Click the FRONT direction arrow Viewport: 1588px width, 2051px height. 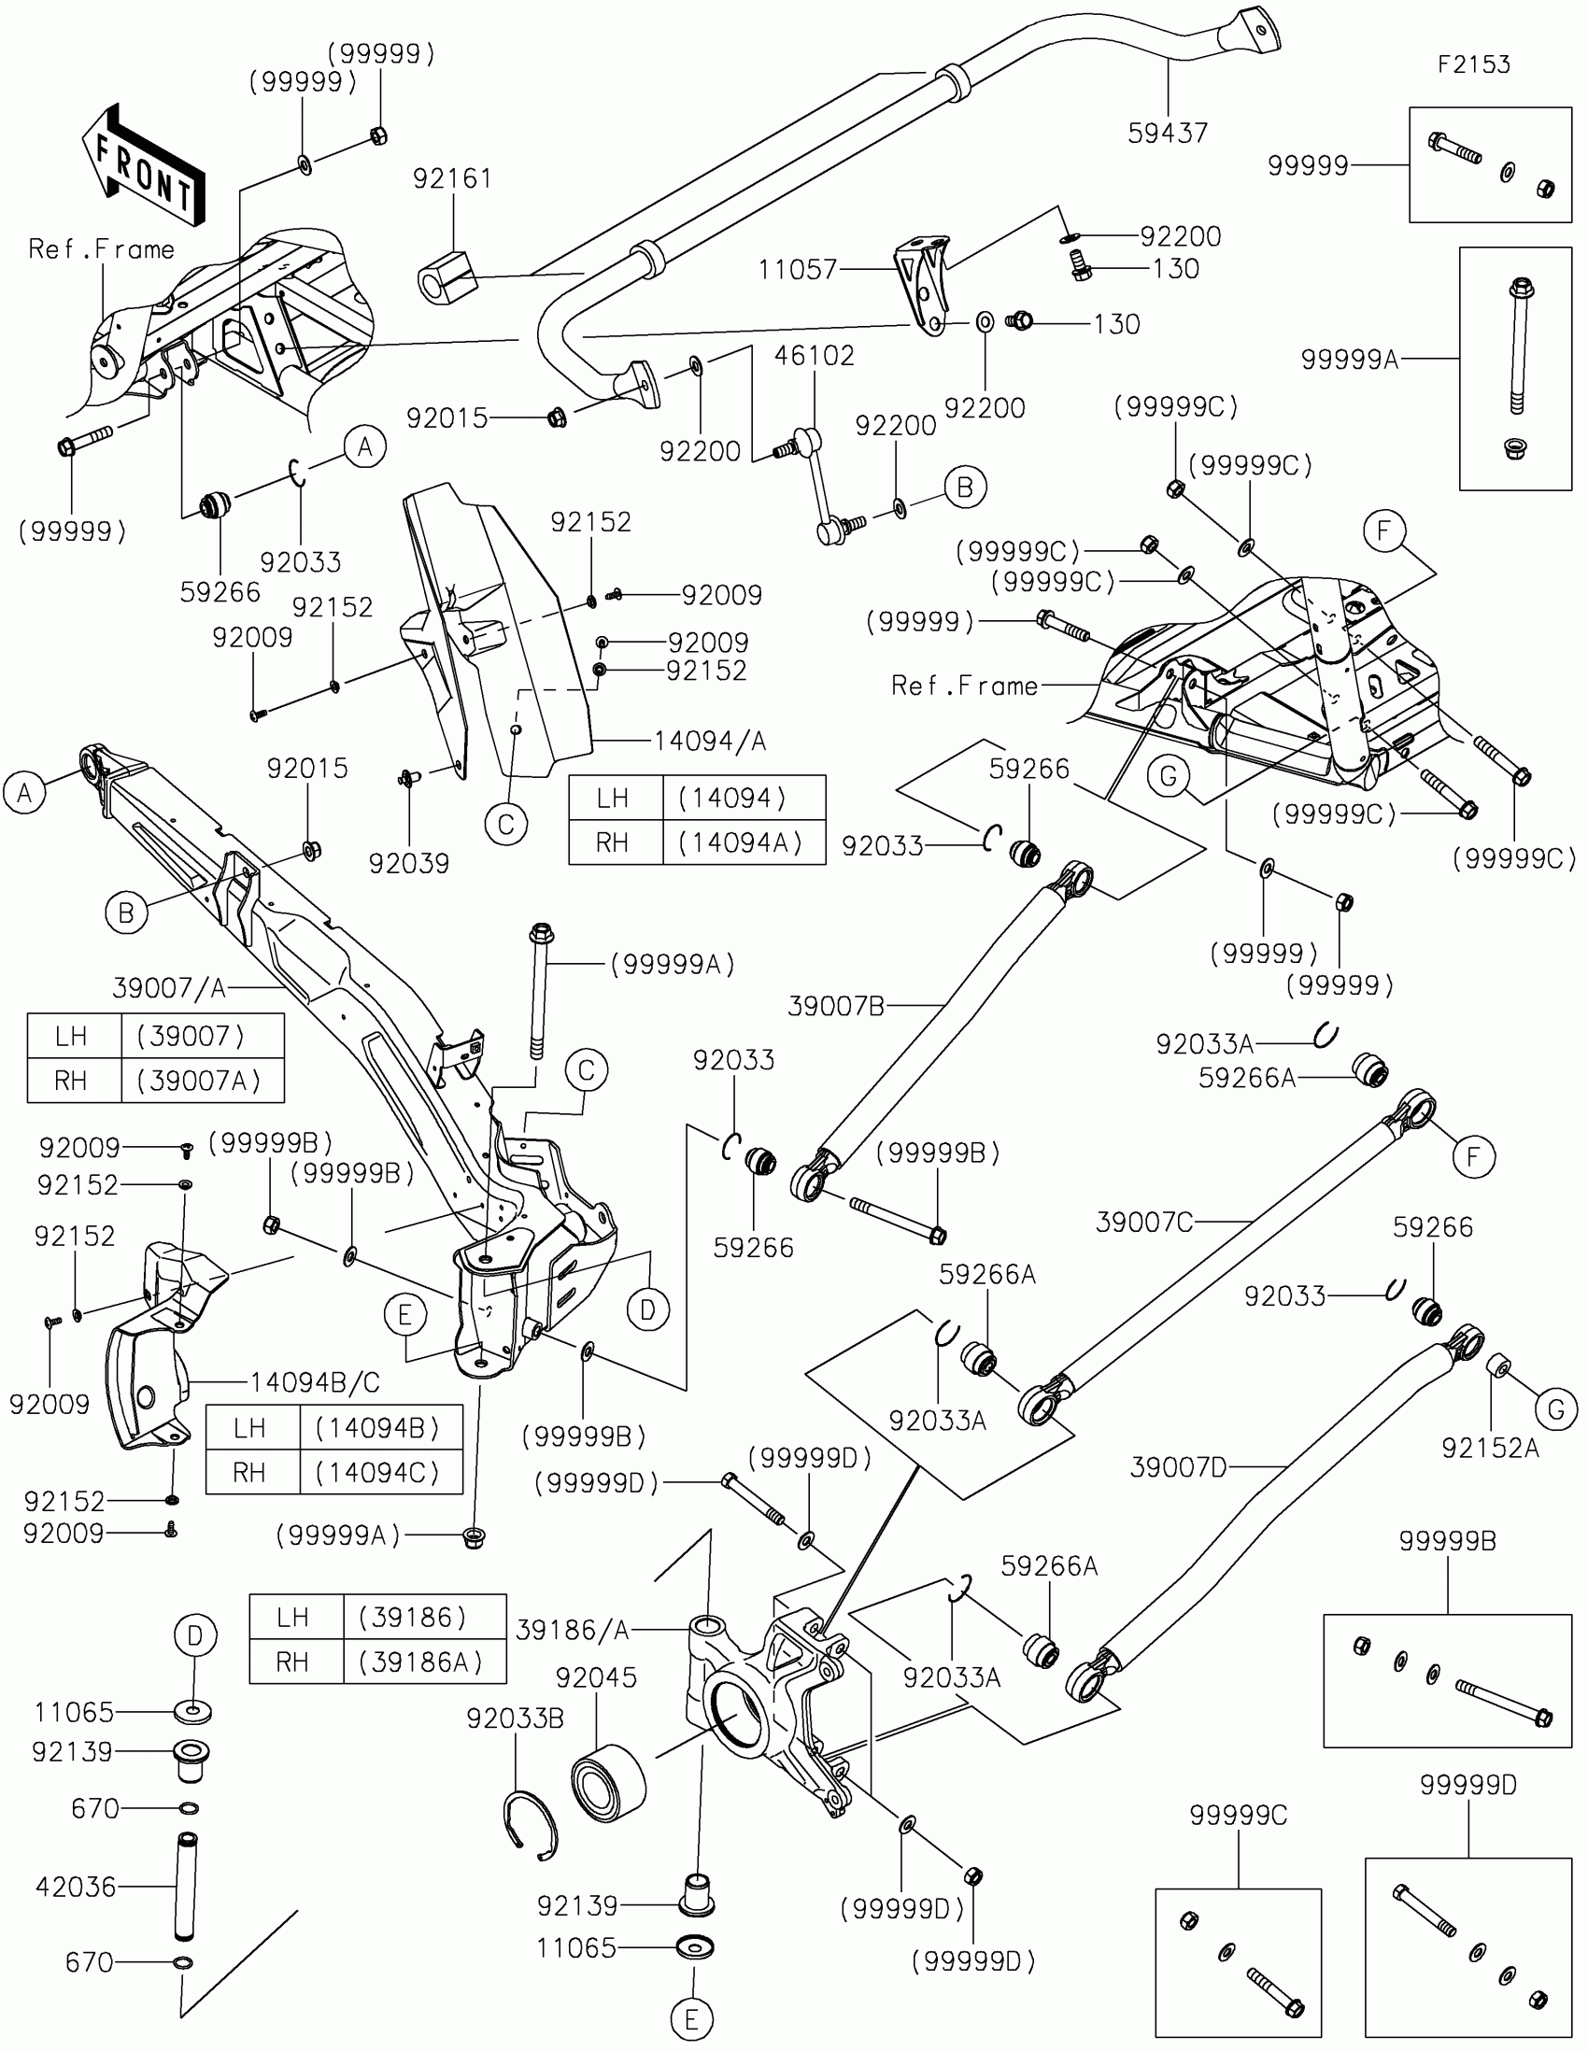[144, 167]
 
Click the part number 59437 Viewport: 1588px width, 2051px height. [1168, 134]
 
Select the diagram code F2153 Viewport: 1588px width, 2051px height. [1473, 64]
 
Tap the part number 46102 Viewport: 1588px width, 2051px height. [815, 356]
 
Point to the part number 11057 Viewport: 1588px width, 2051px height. [798, 271]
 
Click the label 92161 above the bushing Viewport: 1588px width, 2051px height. [453, 178]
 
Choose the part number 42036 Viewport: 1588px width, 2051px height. [76, 1887]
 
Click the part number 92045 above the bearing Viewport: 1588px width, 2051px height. [596, 1677]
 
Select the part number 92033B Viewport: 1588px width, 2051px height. [516, 1719]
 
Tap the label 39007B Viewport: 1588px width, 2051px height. [836, 1007]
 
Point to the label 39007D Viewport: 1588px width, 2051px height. [1179, 1467]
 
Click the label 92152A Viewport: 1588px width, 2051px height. [1490, 1448]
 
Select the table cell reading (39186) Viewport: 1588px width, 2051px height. [412, 1617]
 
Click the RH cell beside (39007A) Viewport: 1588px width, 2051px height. [70, 1081]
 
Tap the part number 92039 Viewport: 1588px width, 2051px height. [408, 863]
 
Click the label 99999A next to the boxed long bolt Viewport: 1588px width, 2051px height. [1350, 359]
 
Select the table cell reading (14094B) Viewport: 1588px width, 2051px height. [377, 1428]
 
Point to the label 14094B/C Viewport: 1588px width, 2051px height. [315, 1382]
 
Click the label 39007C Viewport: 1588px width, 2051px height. [1143, 1222]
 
